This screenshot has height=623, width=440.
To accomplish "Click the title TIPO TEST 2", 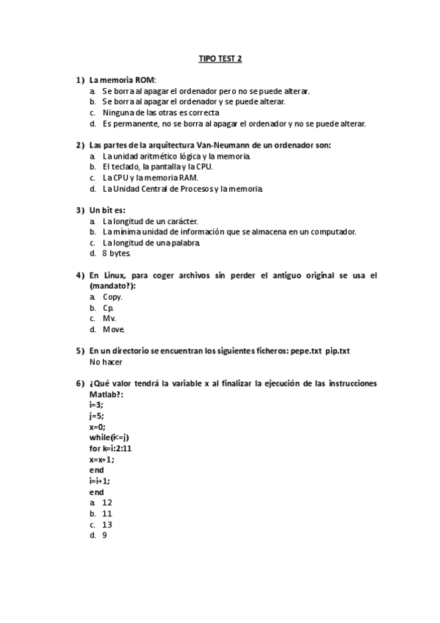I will [x=220, y=57].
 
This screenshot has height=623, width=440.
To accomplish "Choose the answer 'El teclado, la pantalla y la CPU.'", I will [x=157, y=167].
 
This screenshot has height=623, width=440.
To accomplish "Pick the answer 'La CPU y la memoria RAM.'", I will [x=150, y=178].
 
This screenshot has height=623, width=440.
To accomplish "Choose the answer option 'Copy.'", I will [x=112, y=297].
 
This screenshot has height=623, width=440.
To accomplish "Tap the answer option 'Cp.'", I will [x=108, y=308].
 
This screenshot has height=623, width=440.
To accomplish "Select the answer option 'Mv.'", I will [x=109, y=319].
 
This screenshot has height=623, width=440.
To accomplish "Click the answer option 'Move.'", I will [x=114, y=330].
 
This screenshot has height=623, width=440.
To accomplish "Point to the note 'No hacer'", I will [x=106, y=362].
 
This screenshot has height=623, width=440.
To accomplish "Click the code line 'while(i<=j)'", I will [x=109, y=437].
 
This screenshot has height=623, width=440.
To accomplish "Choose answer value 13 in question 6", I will [x=107, y=525].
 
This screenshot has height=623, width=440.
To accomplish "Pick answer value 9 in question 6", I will [x=105, y=536].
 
